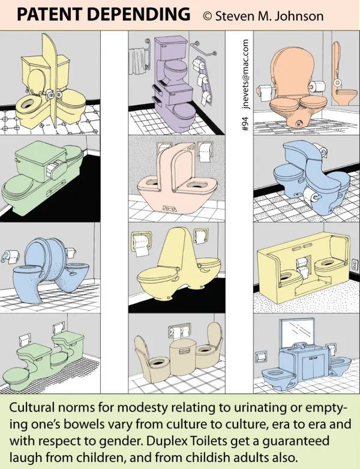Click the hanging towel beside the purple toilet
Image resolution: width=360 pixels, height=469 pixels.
(x=139, y=61)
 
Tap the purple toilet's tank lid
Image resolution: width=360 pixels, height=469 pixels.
(x=170, y=40)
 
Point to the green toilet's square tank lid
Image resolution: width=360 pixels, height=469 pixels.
(x=40, y=152)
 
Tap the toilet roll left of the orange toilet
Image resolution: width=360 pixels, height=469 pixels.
(x=265, y=92)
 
